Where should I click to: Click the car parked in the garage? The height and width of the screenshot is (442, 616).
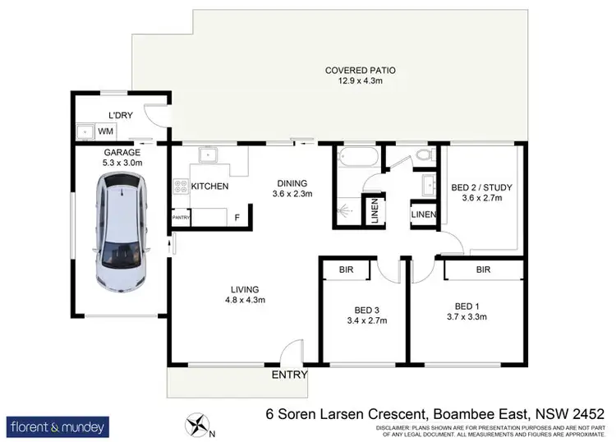click(x=120, y=239)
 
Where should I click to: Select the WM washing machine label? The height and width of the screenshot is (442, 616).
click(x=106, y=131)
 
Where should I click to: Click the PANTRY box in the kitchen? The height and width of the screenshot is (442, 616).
click(x=181, y=218)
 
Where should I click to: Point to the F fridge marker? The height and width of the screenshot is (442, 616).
click(x=237, y=219)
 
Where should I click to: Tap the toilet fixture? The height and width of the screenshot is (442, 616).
click(x=423, y=154)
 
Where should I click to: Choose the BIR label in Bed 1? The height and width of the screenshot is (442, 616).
click(x=482, y=269)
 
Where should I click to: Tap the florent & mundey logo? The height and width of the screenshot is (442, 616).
click(x=57, y=427)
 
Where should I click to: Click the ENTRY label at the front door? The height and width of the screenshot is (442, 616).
click(x=290, y=375)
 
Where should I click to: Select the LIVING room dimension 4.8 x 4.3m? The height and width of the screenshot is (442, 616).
click(x=245, y=300)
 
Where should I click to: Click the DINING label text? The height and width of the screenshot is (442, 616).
click(x=292, y=183)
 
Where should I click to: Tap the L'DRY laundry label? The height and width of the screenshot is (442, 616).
click(x=122, y=115)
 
